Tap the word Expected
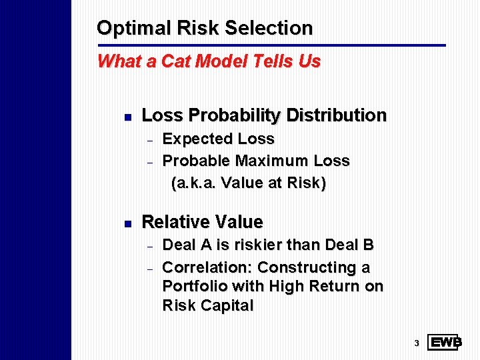pyautogui.click(x=194, y=139)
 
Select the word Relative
pyautogui.click(x=177, y=222)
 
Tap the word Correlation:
pyautogui.click(x=207, y=267)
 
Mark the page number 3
pyautogui.click(x=415, y=343)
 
